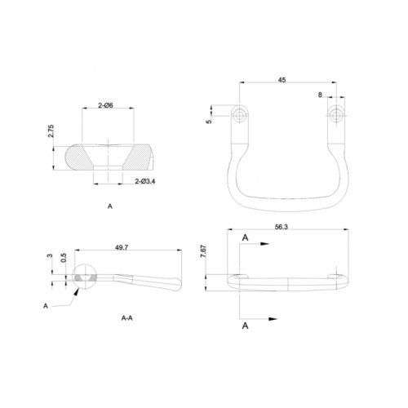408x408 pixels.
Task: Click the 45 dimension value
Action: [x=282, y=80]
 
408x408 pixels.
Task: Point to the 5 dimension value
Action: [x=209, y=121]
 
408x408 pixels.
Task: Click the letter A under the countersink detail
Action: [x=109, y=208]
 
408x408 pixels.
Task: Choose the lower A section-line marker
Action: [x=246, y=325]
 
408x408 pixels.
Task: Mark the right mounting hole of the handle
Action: [x=336, y=115]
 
